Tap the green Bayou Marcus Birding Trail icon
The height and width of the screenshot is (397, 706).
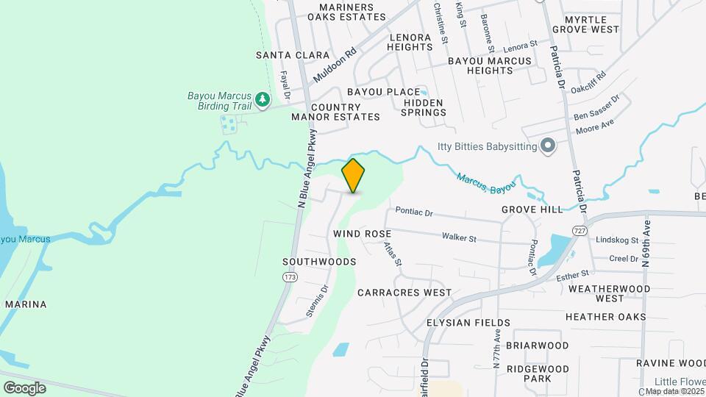click(x=262, y=98)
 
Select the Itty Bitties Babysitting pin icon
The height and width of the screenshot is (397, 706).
click(x=547, y=146)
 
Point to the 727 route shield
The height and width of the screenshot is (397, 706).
click(x=580, y=231)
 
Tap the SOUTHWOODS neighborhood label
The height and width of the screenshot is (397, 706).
click(x=319, y=262)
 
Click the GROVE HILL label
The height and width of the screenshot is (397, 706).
click(x=532, y=210)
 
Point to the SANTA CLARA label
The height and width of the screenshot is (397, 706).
click(x=282, y=55)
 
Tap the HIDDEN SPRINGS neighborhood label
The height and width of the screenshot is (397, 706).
click(x=424, y=107)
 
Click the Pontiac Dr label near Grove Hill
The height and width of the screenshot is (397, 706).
click(x=414, y=211)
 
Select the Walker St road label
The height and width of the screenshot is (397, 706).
click(x=460, y=237)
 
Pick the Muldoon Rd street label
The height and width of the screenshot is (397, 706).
click(x=334, y=65)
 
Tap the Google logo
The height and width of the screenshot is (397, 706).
click(x=25, y=387)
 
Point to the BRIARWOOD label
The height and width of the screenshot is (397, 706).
click(x=538, y=346)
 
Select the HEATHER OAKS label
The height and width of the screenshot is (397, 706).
click(x=606, y=317)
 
